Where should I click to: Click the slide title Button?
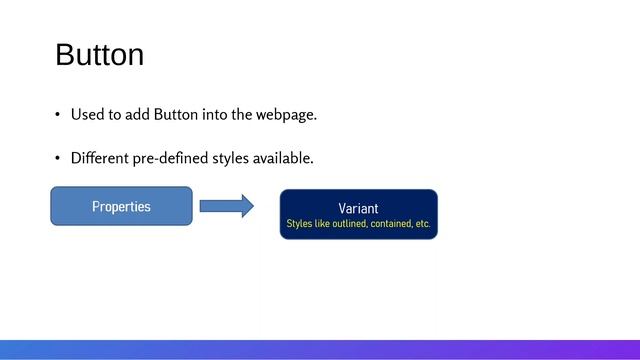pyautogui.click(x=99, y=55)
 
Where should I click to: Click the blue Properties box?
pyautogui.click(x=121, y=206)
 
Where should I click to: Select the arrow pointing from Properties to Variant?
pyautogui.click(x=226, y=206)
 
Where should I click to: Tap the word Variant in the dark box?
pyautogui.click(x=358, y=208)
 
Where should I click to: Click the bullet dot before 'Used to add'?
pyautogui.click(x=58, y=115)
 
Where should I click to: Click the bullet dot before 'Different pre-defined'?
pyautogui.click(x=58, y=159)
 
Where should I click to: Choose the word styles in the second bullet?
pyautogui.click(x=230, y=159)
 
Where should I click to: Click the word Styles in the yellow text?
pyautogui.click(x=299, y=224)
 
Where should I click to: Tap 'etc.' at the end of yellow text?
pyautogui.click(x=423, y=224)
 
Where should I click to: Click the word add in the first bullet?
pyautogui.click(x=137, y=115)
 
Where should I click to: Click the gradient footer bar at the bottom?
pyautogui.click(x=320, y=349)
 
